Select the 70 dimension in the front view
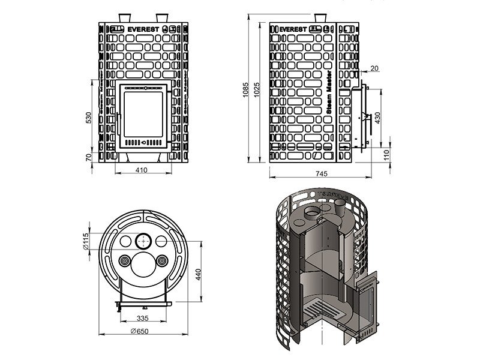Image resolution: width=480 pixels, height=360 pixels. [x=89, y=157]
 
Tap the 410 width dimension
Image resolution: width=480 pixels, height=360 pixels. [x=141, y=170]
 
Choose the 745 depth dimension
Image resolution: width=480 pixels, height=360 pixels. [x=320, y=174]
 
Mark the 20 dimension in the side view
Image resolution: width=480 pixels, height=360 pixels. [x=375, y=69]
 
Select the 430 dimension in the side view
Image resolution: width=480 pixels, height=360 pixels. [x=377, y=118]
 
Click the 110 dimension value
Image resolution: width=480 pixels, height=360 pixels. [x=387, y=155]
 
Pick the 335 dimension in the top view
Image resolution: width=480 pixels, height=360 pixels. [x=142, y=318]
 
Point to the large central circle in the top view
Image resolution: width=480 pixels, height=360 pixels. [x=143, y=264]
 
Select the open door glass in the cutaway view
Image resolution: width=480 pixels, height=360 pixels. [x=367, y=307]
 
